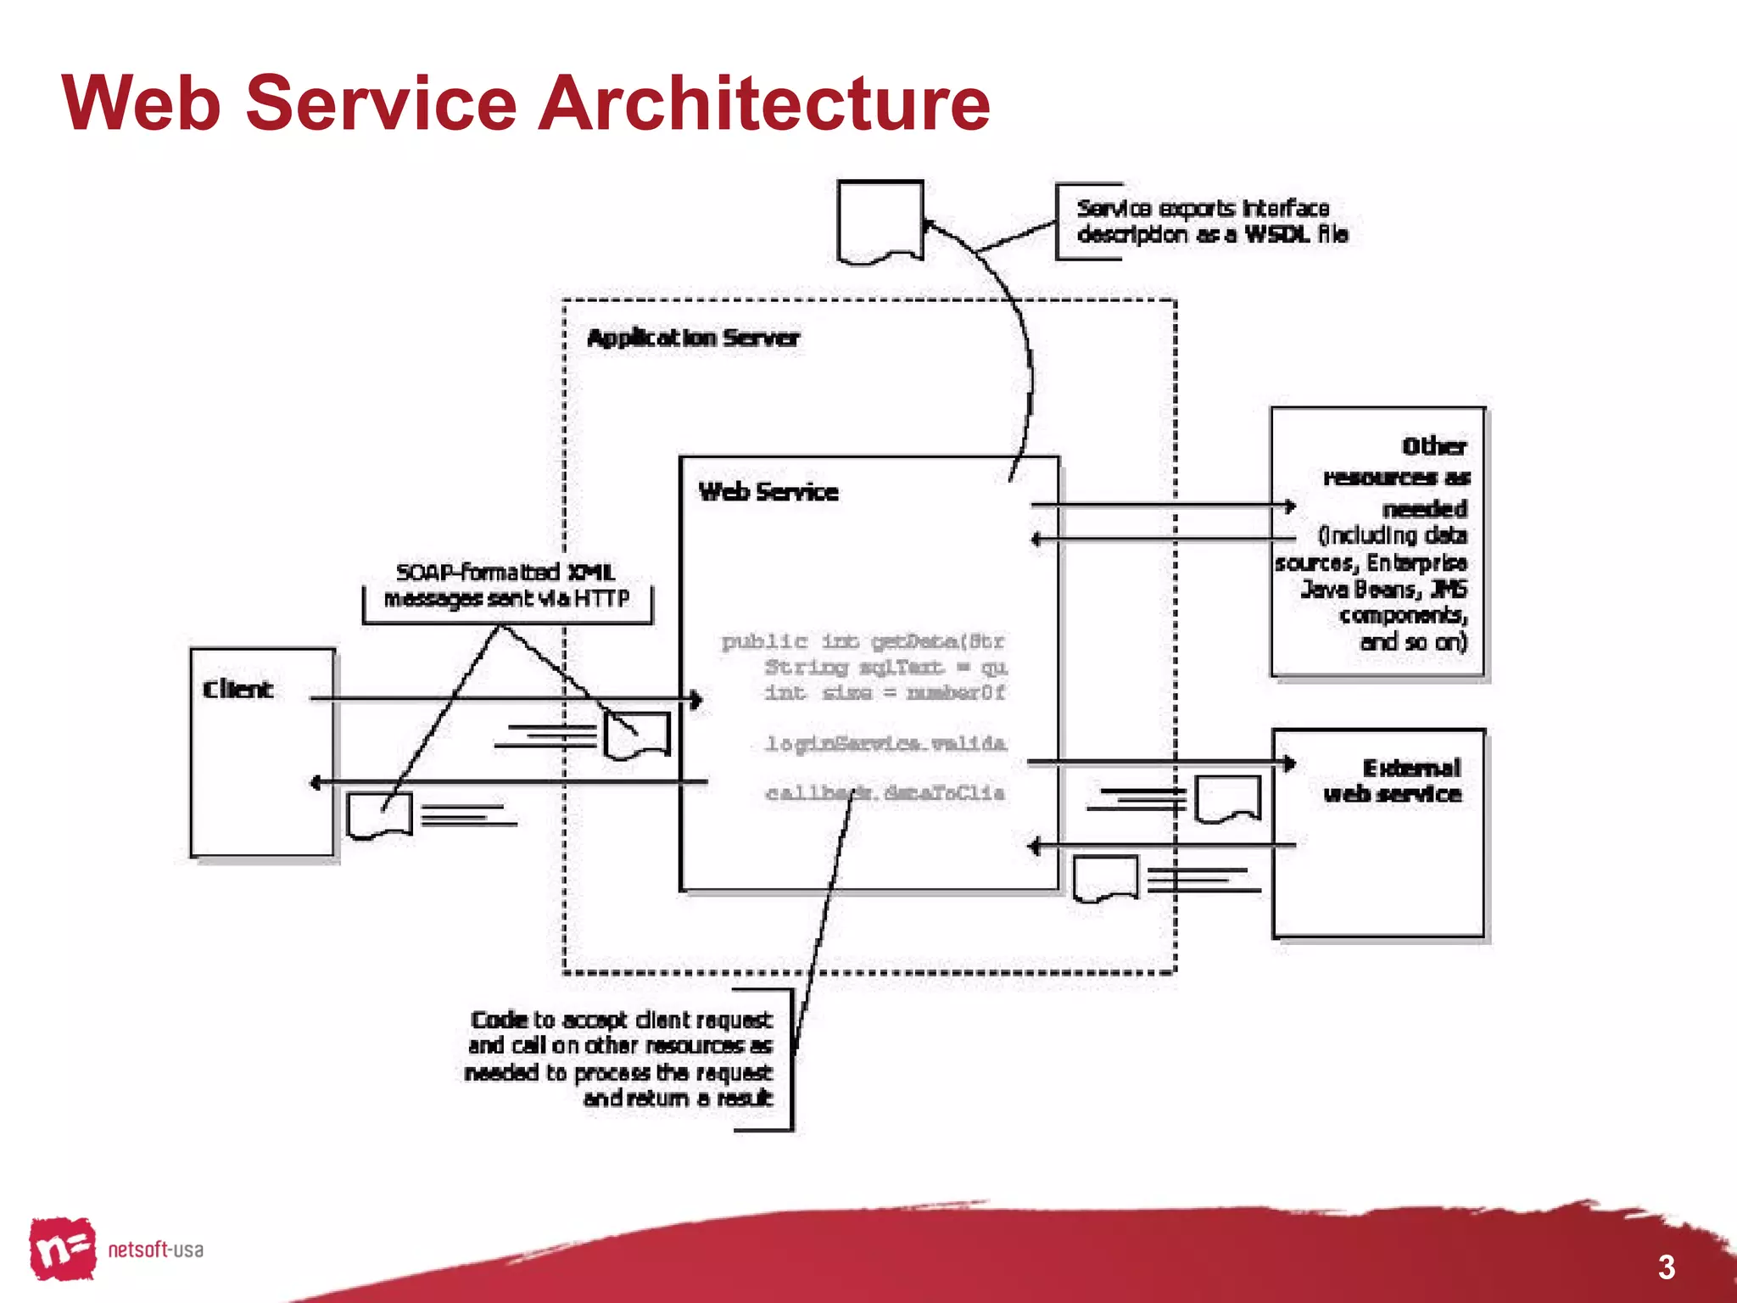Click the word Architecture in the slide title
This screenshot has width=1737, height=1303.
[763, 103]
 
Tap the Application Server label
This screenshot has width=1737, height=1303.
[692, 338]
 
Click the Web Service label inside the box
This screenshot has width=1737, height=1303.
[768, 492]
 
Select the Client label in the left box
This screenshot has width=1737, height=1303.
[237, 689]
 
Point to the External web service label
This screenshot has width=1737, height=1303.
[1393, 781]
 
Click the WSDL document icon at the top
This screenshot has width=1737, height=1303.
[880, 220]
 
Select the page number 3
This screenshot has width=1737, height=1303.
[1666, 1267]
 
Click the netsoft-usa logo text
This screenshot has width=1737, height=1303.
[155, 1250]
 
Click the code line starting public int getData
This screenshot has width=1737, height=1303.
[862, 641]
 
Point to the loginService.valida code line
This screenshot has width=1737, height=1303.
[885, 744]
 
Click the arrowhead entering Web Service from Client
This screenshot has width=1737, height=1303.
[696, 700]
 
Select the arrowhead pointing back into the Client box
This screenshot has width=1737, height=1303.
[316, 782]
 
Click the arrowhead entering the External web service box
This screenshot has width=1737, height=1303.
[1289, 763]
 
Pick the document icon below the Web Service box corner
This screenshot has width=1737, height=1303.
[1105, 879]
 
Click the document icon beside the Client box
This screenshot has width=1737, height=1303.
[379, 814]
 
